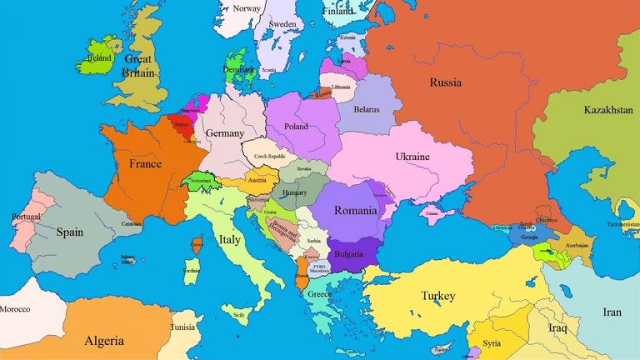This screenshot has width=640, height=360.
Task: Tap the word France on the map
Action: (145, 164)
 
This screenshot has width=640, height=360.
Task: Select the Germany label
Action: (225, 133)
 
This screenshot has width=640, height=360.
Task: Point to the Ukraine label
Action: (412, 157)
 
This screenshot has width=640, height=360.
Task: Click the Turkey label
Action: (438, 296)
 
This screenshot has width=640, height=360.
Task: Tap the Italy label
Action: (230, 240)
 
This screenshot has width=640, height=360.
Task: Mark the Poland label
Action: (296, 127)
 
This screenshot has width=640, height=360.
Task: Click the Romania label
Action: (356, 211)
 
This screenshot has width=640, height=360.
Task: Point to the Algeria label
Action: (104, 341)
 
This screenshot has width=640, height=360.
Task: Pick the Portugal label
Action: (26, 217)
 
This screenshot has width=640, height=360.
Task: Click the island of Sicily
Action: (240, 315)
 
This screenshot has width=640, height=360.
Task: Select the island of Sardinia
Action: (192, 271)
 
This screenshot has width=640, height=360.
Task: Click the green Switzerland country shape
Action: (200, 181)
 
